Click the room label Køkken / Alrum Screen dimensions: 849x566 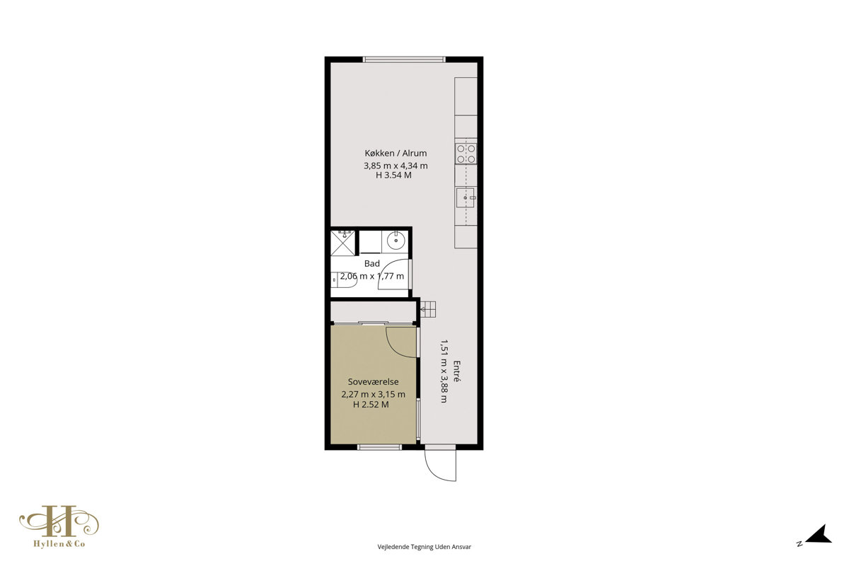395,153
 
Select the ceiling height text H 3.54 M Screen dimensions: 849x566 394,175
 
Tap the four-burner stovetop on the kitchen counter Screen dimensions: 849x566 466,154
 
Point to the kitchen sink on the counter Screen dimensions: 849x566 466,197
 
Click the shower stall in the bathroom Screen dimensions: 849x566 343,243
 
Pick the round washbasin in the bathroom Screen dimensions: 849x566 396,241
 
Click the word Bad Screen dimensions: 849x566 372,263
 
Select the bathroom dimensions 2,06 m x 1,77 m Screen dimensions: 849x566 372,276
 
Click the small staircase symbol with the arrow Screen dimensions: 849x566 428,309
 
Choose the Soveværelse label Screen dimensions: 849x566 373,382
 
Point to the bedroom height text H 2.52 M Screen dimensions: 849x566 371,405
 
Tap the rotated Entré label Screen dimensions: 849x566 457,371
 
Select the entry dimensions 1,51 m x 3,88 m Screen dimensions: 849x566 444,371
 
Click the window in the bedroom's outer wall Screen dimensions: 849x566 379,447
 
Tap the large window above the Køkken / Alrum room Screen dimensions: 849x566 404,59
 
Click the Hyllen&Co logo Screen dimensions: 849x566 59,526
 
